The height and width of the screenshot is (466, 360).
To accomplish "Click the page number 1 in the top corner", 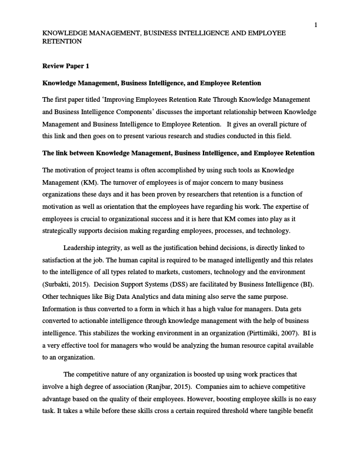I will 316,24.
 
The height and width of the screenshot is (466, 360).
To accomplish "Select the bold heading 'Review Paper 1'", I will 66,66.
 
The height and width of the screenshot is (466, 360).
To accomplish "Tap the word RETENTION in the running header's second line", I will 62,42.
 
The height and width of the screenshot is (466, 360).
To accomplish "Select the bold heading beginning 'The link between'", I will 178,153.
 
